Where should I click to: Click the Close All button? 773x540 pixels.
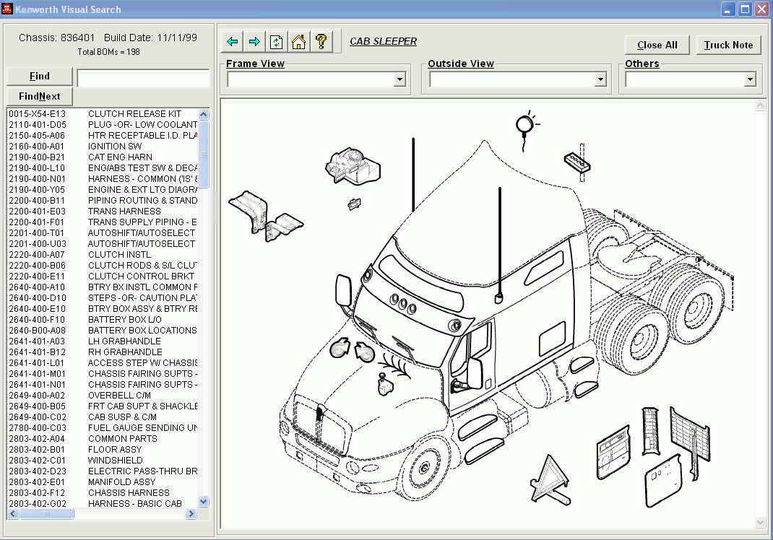pos(657,45)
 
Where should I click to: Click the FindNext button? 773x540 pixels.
pos(40,96)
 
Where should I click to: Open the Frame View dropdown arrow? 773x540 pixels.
pos(400,79)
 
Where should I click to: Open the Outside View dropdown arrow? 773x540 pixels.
pos(600,79)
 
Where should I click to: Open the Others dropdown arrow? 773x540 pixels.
pos(749,79)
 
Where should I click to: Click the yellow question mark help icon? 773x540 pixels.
pos(321,41)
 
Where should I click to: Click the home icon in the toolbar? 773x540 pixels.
pos(298,41)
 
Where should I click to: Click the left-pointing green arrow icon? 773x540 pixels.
pos(232,41)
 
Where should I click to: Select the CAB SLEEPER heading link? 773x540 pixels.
pos(383,41)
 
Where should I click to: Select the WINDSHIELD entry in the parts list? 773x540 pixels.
pos(115,460)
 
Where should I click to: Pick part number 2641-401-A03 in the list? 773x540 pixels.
pos(37,341)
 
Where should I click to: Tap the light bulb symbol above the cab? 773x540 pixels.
pos(525,126)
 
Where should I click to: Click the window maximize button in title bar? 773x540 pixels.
pos(746,9)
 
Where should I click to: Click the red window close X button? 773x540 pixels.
pos(761,9)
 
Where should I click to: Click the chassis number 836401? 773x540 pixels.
pos(77,38)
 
